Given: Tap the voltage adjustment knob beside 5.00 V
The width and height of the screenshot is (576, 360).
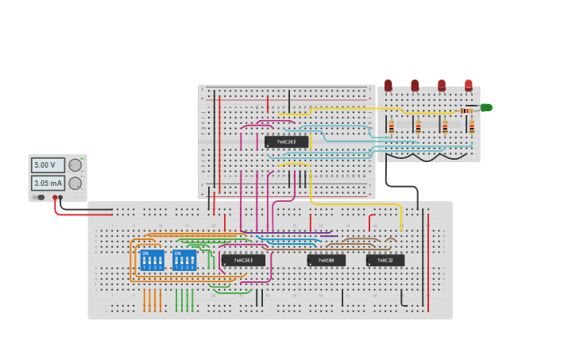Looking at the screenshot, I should [75, 165].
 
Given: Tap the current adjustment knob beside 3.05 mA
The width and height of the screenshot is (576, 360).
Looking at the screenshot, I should [75, 183].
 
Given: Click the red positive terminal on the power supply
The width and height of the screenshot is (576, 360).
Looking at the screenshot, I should [55, 197].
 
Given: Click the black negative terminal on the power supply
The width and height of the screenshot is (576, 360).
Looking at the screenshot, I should [61, 197].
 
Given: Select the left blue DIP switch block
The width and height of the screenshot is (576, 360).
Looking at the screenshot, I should [152, 260].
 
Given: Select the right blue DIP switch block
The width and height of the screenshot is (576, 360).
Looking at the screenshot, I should [184, 260].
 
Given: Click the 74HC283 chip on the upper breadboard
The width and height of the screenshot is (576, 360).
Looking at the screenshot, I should [286, 141].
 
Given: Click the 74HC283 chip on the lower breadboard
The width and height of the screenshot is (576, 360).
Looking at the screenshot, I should [243, 260].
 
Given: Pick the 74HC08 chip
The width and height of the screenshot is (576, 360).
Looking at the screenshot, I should [327, 260].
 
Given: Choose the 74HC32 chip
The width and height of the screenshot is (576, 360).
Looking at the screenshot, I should [385, 260].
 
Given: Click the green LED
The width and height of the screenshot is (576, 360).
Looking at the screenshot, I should [485, 107].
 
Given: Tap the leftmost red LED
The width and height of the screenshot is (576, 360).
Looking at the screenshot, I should [389, 84].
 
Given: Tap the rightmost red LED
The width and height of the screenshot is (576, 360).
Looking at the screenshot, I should [469, 84].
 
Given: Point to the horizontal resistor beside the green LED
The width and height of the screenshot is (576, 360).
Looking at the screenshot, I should [466, 110].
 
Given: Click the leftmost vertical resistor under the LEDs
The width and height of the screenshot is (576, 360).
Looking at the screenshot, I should [391, 126].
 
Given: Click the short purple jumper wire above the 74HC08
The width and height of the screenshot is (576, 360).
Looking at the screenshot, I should [327, 234].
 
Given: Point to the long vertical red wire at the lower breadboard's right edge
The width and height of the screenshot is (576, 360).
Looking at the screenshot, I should [428, 262].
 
